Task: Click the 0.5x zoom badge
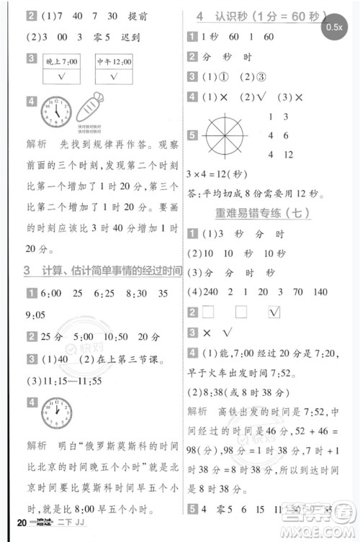pos(333,27)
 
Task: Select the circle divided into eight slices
pos(225,135)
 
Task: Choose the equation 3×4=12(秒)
pos(217,174)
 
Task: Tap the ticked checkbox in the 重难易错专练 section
pos(274,312)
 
